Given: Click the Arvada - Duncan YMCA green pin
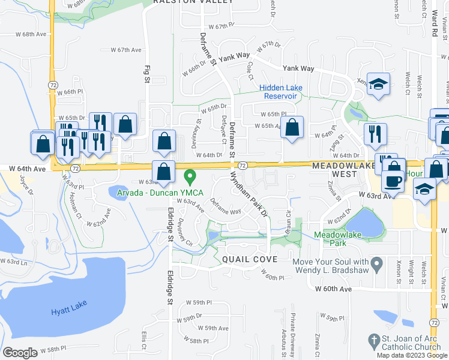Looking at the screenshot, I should [x=190, y=177].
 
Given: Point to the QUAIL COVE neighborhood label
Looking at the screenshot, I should [x=249, y=259].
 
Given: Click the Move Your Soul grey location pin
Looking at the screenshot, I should [x=377, y=263].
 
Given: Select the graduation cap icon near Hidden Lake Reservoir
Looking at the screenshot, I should [x=378, y=84].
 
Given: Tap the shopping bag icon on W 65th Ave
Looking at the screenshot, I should [x=292, y=127].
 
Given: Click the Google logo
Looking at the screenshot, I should [x=20, y=353].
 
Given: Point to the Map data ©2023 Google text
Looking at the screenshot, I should [x=412, y=355].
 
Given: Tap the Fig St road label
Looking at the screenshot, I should [x=145, y=73].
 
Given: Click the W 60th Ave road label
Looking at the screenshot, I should [x=334, y=289].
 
